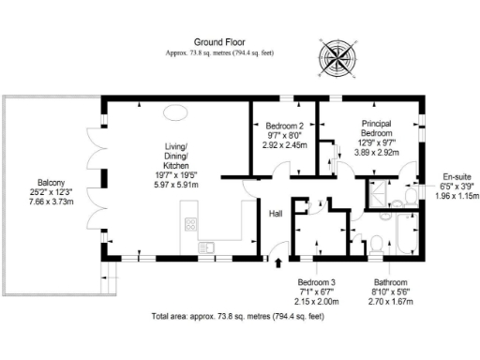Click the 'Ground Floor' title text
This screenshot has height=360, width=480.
click(219, 42)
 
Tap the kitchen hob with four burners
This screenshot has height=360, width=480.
click(191, 225)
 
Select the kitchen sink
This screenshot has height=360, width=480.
click(207, 247)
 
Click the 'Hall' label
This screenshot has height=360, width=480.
click(277, 214)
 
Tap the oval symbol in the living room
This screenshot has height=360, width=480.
click(174, 113)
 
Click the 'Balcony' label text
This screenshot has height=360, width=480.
click(51, 182)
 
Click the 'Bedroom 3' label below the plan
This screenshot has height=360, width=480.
click(316, 282)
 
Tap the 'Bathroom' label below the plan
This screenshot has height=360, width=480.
click(390, 282)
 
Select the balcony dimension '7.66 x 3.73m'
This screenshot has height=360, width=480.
click(51, 202)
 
